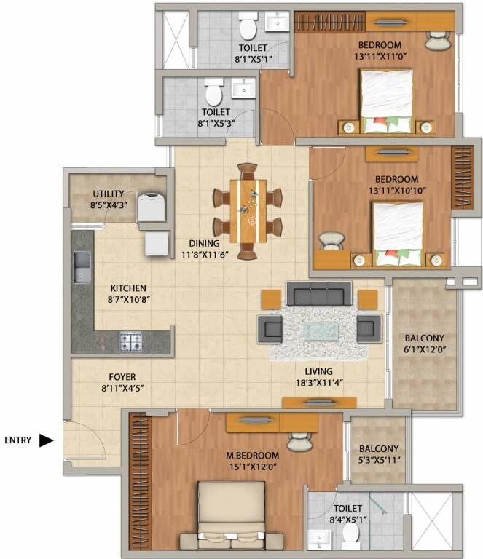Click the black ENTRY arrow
click(47, 440)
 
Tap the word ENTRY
click(17, 440)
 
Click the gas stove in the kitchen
click(130, 340)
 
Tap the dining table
click(247, 211)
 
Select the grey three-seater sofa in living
click(319, 294)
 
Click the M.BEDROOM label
click(248, 456)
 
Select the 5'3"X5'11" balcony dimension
click(377, 461)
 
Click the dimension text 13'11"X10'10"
click(396, 191)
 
